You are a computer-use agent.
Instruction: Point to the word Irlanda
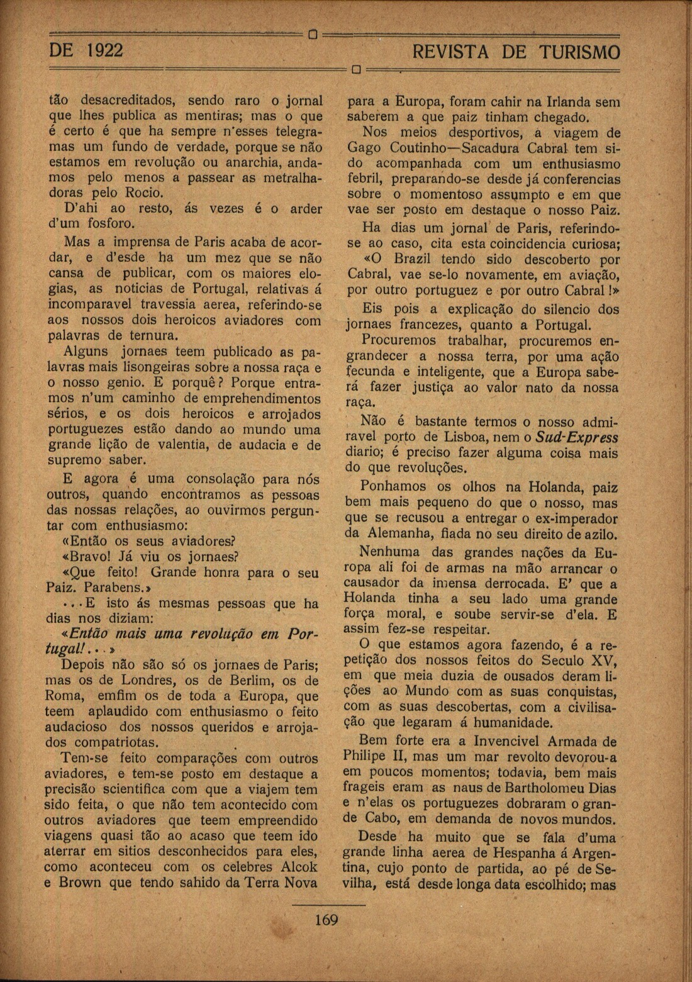[x=559, y=102]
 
